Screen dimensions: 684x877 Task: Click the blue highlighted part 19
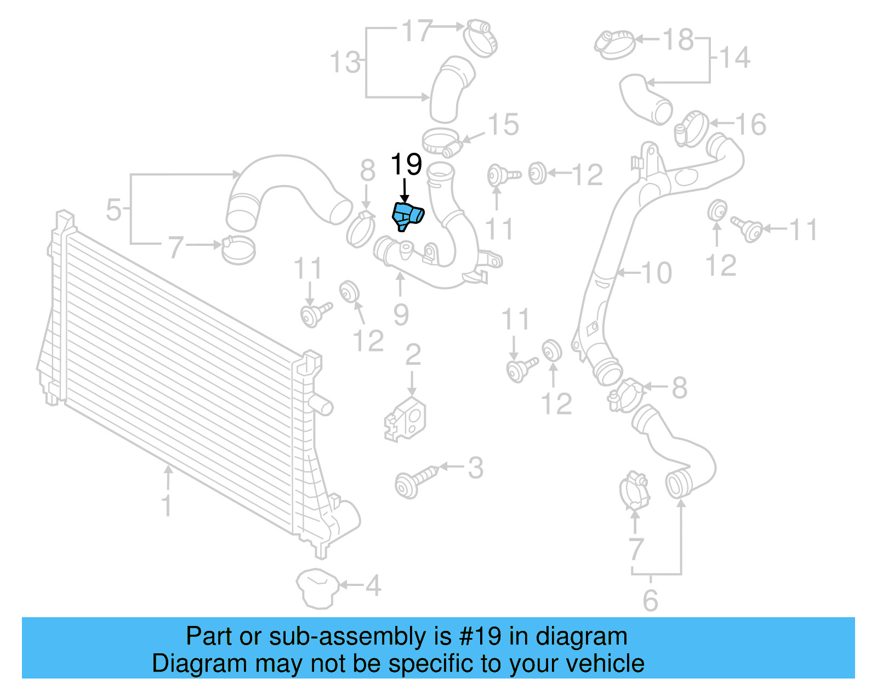pos(408,216)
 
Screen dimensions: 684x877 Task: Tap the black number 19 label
pos(406,164)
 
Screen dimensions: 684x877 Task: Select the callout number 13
pos(345,62)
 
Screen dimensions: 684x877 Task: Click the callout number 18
pos(678,39)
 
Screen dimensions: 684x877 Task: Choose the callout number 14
pos(734,58)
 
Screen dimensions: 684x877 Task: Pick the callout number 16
pos(750,125)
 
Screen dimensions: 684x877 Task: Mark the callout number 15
pos(503,125)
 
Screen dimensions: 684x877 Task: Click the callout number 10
pos(656,273)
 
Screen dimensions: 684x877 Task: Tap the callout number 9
pos(401,315)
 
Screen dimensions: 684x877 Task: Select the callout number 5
pos(113,210)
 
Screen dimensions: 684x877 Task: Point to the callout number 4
pos(373,586)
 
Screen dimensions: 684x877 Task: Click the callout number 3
pos(475,468)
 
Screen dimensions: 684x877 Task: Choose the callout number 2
pos(412,355)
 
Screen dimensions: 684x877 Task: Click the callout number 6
pos(650,601)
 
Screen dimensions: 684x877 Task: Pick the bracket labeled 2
pos(406,419)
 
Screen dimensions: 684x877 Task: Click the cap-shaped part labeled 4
pos(316,589)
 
